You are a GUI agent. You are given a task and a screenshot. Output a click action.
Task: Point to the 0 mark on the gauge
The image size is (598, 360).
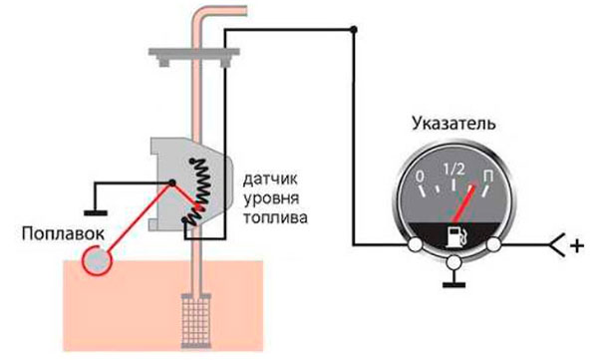(x=421, y=180)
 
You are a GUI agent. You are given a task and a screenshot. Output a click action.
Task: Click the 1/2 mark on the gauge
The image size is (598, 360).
(x=455, y=168)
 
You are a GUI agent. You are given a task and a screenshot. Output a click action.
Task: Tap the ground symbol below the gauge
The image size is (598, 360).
(x=455, y=281)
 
